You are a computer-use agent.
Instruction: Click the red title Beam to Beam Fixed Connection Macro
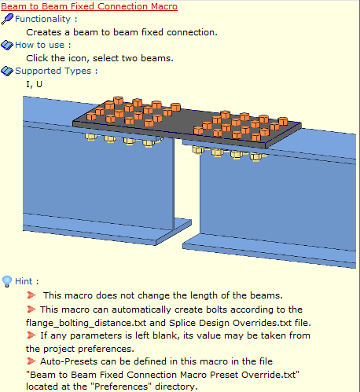point(89,6)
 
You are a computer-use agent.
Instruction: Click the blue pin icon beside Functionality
point(7,19)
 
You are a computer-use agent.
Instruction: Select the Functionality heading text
point(42,19)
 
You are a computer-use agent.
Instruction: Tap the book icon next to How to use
point(7,45)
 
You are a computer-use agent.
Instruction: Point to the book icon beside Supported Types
point(7,71)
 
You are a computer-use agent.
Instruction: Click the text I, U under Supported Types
point(34,84)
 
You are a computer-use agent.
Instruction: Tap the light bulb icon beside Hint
point(7,281)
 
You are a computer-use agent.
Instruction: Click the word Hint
point(24,281)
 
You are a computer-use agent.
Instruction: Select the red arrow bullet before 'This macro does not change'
point(31,295)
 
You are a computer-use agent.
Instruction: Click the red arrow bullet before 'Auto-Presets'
point(31,361)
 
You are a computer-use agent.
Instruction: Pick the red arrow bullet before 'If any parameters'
point(31,335)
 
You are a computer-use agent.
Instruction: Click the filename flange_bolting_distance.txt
point(86,323)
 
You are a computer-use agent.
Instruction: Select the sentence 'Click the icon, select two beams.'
point(100,58)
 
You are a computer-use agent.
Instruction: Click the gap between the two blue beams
point(186,183)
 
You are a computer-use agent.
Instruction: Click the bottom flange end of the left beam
point(174,233)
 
